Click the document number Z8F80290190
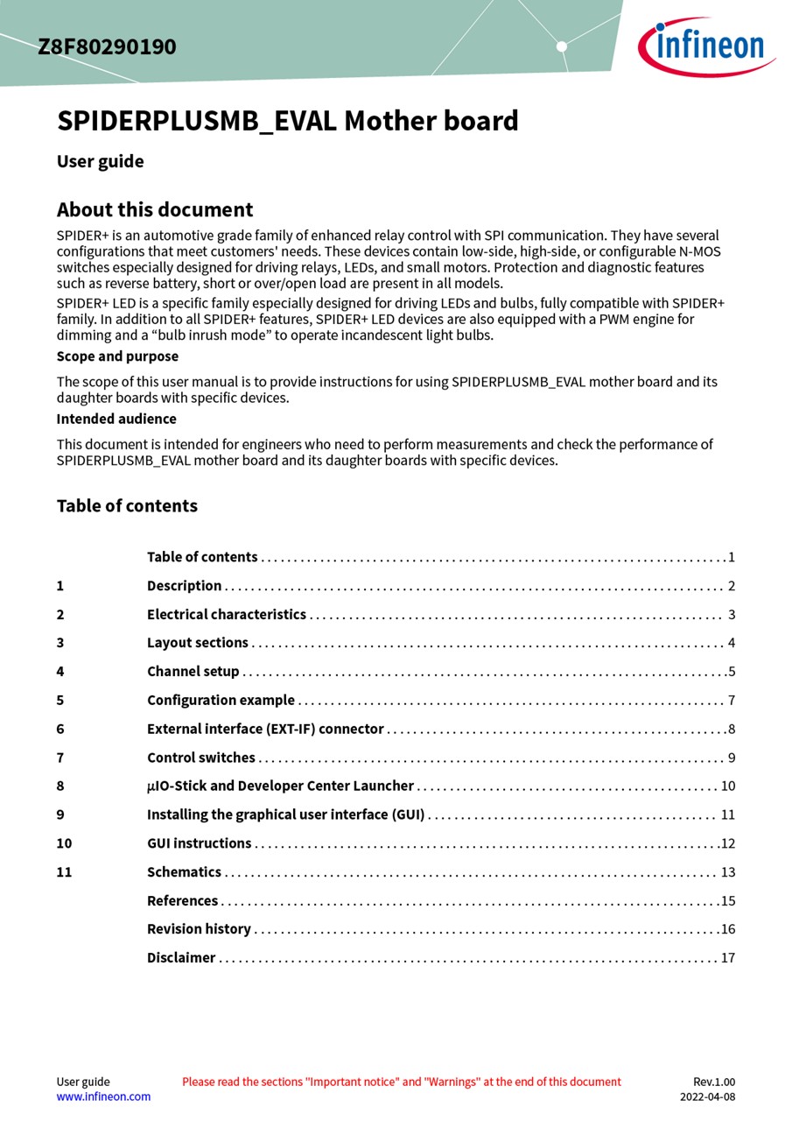107,46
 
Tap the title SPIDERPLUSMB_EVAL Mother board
287,121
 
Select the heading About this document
155,210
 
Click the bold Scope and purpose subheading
117,356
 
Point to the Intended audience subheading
116,419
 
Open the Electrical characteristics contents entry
227,615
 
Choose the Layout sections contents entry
198,643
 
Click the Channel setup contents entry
193,672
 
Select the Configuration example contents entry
221,701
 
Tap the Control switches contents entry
201,758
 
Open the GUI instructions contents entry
199,843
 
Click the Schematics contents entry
184,872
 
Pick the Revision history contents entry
199,929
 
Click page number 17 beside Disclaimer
727,958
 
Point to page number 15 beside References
727,901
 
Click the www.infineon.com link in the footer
103,1096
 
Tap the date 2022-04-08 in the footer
707,1096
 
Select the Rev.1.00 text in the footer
714,1082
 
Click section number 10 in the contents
64,843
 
